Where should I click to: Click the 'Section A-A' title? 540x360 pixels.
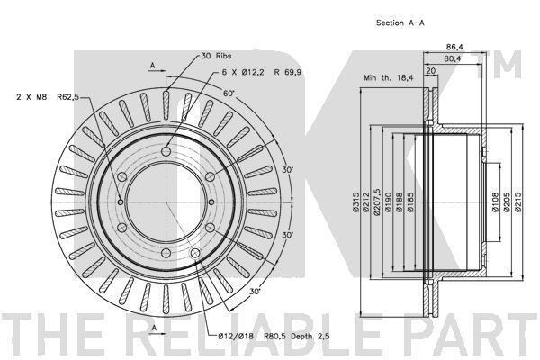point(400,23)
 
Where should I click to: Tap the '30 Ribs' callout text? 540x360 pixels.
point(216,56)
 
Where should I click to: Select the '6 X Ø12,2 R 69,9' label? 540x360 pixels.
point(262,72)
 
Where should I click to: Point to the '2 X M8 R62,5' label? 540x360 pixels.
point(48,97)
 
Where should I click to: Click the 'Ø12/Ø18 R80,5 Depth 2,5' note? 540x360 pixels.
point(274,337)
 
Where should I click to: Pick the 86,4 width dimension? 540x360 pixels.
point(454,47)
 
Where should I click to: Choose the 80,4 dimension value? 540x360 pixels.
point(453,58)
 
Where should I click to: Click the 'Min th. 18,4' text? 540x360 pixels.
point(389,78)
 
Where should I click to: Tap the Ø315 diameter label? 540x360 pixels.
point(355,202)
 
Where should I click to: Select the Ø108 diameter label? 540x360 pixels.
point(495,202)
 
